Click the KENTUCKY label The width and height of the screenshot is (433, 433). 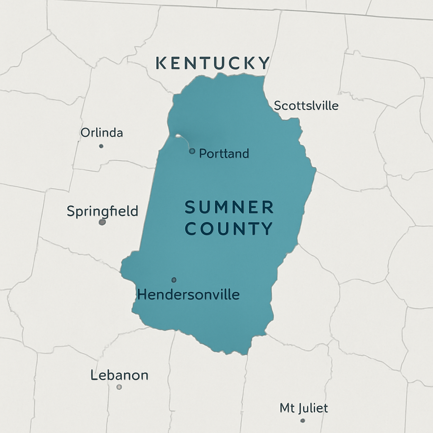point(213,63)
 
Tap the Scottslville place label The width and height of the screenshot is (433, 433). point(306,105)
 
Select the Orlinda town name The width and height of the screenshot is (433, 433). point(101,133)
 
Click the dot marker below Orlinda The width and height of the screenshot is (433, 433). point(101,146)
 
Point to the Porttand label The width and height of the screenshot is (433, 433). point(224,153)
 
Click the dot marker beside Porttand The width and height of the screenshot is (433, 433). point(192,151)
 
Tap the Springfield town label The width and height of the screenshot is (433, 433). point(102,211)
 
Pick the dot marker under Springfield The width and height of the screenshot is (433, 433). point(102,222)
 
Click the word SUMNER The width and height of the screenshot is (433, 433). point(229,208)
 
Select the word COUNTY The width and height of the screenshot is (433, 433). point(229,229)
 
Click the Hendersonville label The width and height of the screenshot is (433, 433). point(189,294)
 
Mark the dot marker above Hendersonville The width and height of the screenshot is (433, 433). point(174,280)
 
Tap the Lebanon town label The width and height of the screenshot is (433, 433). point(119,375)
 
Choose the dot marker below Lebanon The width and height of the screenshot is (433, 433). point(119,386)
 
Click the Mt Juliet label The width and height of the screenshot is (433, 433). point(304,408)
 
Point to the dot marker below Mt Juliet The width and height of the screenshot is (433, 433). point(302,420)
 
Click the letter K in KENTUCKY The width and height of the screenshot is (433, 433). point(161,63)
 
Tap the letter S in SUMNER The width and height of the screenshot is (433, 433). point(190,208)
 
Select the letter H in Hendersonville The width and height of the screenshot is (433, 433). point(142,294)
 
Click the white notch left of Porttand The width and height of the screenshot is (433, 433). point(179,136)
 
